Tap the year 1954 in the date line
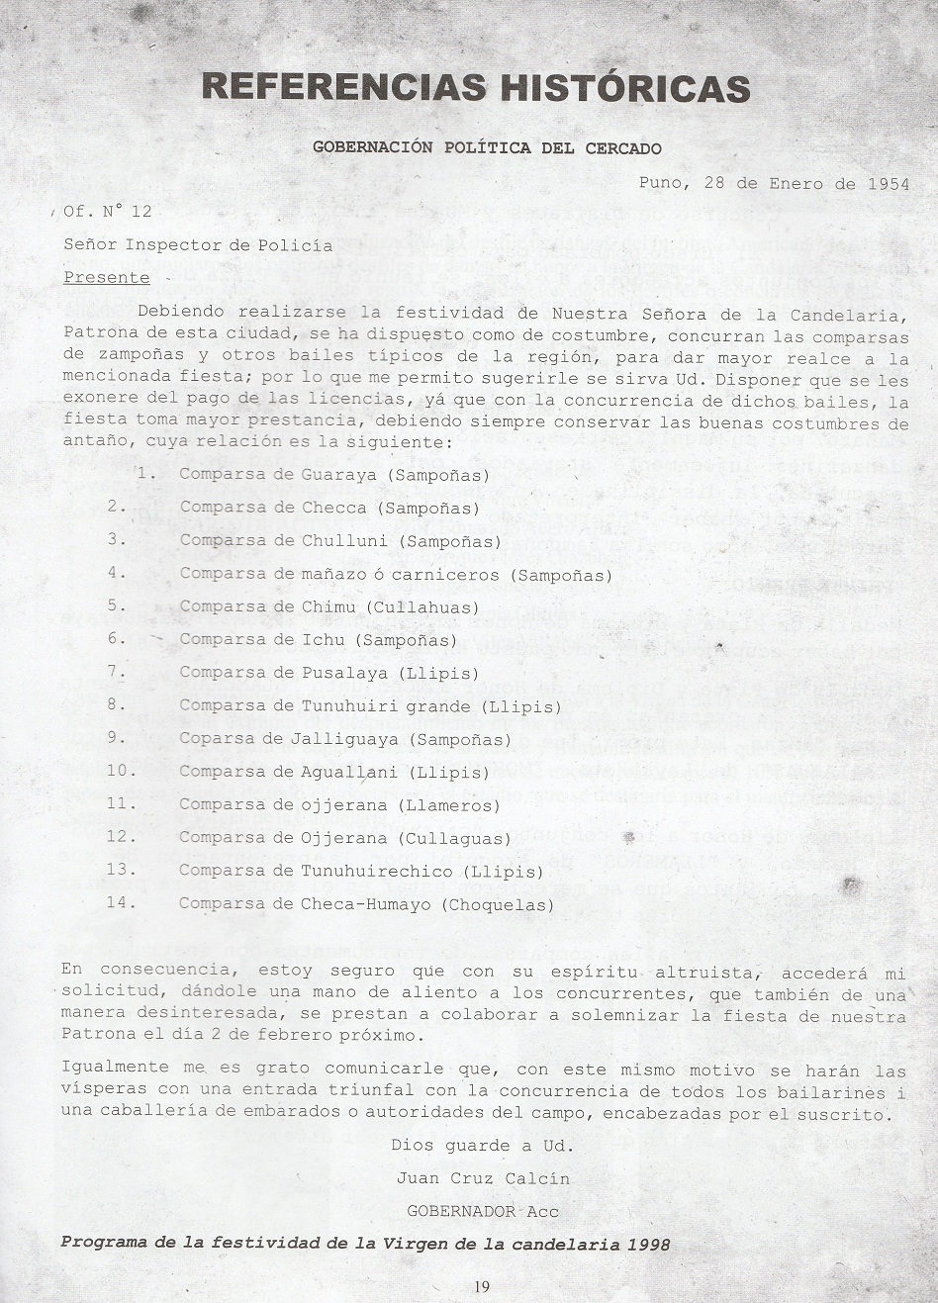point(888,183)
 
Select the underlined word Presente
point(107,277)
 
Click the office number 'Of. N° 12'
point(107,211)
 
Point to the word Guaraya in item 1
point(339,475)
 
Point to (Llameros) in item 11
point(449,805)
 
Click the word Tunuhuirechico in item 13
point(377,872)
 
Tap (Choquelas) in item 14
point(498,904)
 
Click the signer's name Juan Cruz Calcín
point(483,1178)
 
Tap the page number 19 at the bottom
point(482,1286)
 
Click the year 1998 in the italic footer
point(648,1244)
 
